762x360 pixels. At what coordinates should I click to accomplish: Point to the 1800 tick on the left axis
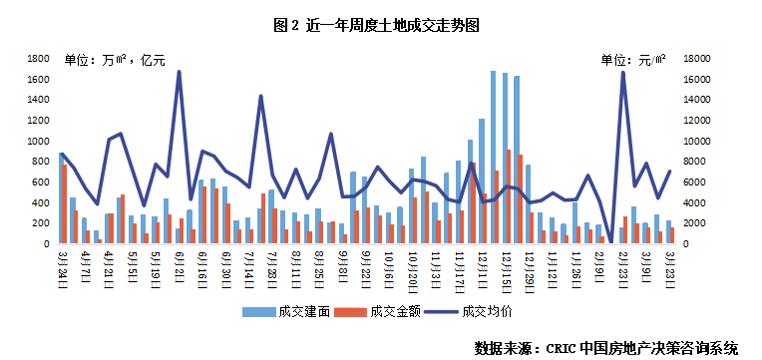(39, 58)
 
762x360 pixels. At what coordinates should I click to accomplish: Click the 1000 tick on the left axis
(39, 141)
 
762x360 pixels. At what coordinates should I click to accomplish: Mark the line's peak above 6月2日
(180, 72)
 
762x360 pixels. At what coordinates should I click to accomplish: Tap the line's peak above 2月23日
(623, 73)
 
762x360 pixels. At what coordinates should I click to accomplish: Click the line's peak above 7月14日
(261, 96)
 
